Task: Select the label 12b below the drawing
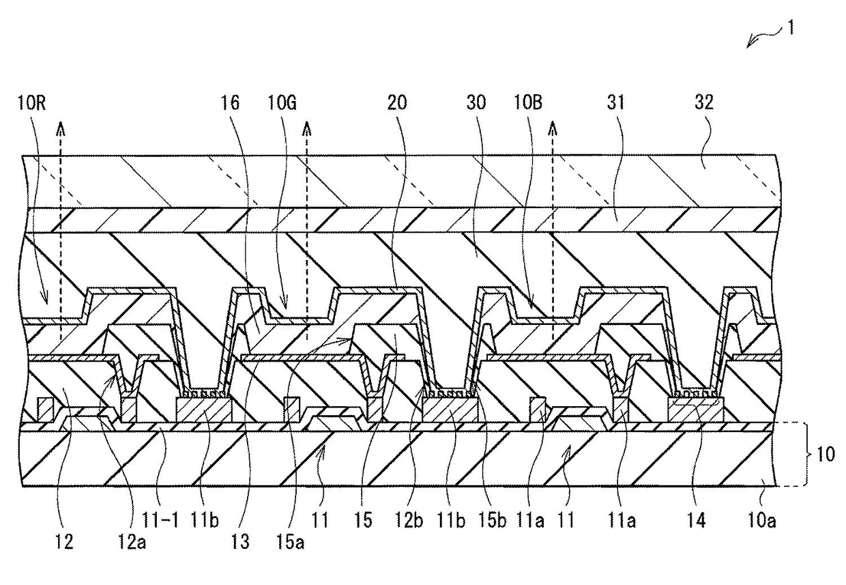(408, 524)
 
